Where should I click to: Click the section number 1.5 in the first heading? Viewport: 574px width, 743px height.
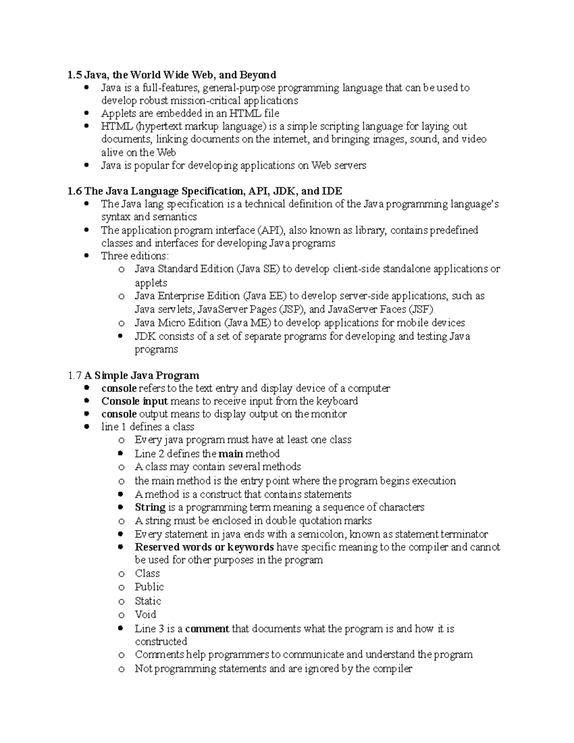pyautogui.click(x=74, y=75)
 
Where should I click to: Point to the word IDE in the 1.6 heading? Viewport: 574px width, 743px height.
pyautogui.click(x=332, y=191)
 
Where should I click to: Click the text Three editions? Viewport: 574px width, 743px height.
pyautogui.click(x=135, y=256)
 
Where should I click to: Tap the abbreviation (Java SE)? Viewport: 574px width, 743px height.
pyautogui.click(x=258, y=269)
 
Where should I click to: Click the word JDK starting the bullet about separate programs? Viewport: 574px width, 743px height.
pyautogui.click(x=145, y=336)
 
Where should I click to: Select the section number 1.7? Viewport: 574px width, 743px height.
pyautogui.click(x=75, y=376)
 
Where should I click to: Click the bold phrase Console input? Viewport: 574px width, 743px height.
pyautogui.click(x=134, y=401)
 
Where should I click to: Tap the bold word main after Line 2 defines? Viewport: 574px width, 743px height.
pyautogui.click(x=231, y=454)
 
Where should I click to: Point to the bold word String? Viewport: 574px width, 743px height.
pyautogui.click(x=150, y=507)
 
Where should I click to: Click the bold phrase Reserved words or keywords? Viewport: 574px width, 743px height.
pyautogui.click(x=204, y=547)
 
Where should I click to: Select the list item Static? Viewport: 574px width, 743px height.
pyautogui.click(x=148, y=601)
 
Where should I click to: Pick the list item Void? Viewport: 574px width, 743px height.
pyautogui.click(x=145, y=614)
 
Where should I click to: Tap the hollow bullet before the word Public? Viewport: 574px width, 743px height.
pyautogui.click(x=121, y=588)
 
